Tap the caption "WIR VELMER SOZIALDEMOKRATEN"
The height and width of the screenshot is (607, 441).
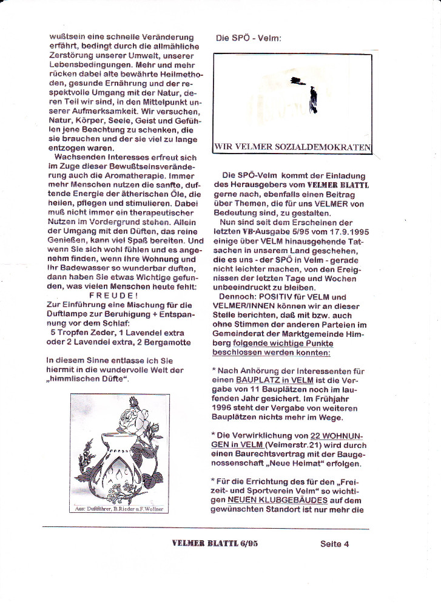tap(292, 146)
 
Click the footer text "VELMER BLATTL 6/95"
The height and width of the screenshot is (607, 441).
tap(215, 544)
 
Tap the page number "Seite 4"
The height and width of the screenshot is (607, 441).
tap(334, 544)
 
